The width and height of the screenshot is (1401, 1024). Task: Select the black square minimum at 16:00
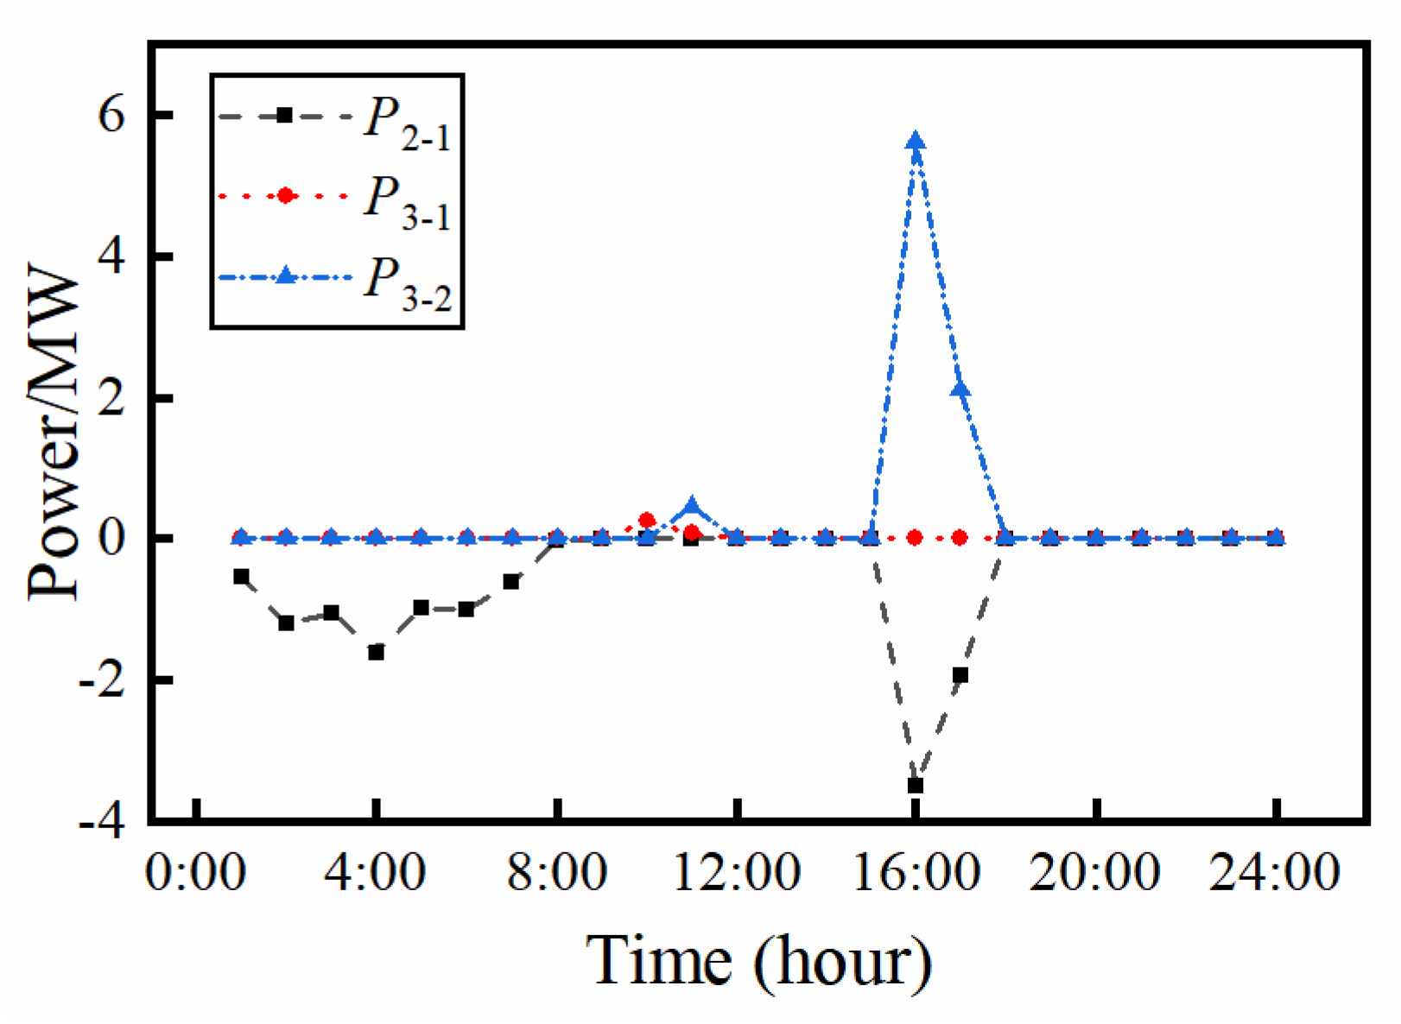pos(916,786)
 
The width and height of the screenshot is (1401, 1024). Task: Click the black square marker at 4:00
pos(376,653)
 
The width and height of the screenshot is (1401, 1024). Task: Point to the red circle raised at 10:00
pos(647,521)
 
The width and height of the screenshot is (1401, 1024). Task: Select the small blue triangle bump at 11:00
pos(691,507)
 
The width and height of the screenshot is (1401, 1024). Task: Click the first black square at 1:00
pos(242,577)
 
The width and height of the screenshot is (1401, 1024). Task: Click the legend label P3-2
pos(406,284)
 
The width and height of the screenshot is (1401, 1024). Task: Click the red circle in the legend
pos(285,197)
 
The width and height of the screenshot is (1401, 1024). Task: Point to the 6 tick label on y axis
pos(111,115)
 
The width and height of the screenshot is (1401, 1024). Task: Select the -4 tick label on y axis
pos(102,821)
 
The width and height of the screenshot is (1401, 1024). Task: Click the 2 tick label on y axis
pos(111,398)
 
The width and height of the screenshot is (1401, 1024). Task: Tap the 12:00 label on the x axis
pos(736,872)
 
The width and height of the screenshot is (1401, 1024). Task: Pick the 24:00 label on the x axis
pos(1275,872)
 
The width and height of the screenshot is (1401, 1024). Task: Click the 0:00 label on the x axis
pos(196,872)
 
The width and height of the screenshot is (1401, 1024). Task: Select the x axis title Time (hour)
pos(759,962)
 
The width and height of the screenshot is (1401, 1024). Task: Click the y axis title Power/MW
pos(54,436)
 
